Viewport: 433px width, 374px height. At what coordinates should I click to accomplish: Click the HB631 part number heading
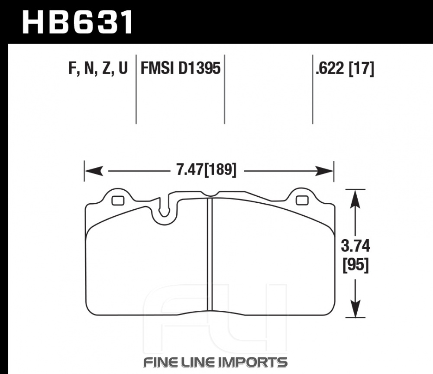[x=78, y=22]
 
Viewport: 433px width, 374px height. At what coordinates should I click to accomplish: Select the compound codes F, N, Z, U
[x=98, y=68]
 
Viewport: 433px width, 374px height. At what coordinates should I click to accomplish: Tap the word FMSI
[x=158, y=68]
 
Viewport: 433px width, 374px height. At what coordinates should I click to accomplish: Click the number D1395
[x=200, y=68]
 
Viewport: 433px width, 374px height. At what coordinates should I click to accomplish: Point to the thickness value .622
[x=330, y=68]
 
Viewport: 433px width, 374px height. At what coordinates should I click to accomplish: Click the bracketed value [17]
[x=362, y=68]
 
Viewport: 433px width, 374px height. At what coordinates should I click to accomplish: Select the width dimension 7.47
[x=190, y=169]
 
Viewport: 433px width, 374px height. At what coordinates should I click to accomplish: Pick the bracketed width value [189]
[x=220, y=170]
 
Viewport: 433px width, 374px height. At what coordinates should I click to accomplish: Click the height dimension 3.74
[x=355, y=246]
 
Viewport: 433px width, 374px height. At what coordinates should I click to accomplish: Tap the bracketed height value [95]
[x=355, y=265]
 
